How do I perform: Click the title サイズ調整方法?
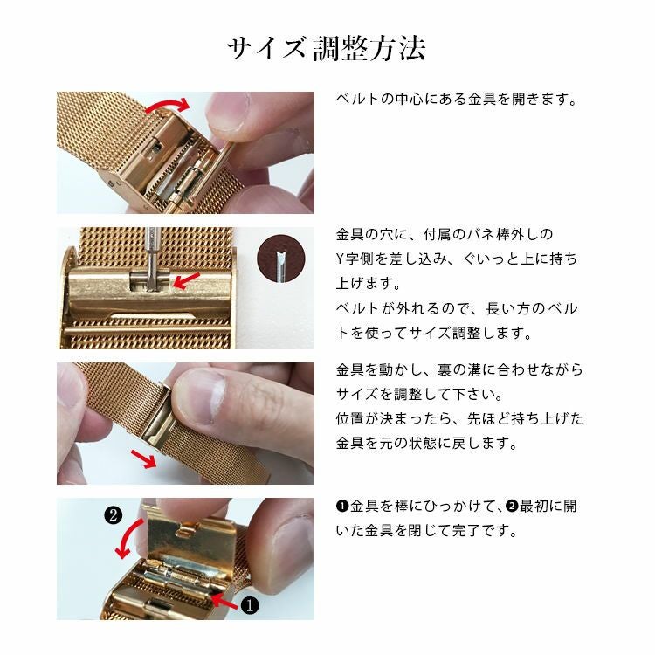point(327,48)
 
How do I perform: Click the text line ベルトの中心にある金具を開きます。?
point(457,99)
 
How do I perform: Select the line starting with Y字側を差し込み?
point(456,259)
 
